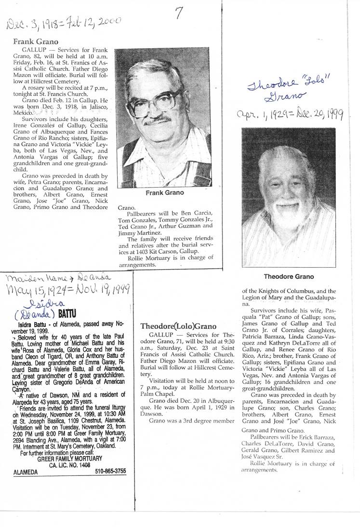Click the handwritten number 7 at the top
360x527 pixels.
tap(178, 14)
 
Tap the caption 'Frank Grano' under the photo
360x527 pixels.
tap(164, 193)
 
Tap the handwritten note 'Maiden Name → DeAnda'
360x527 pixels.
tap(57, 278)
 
